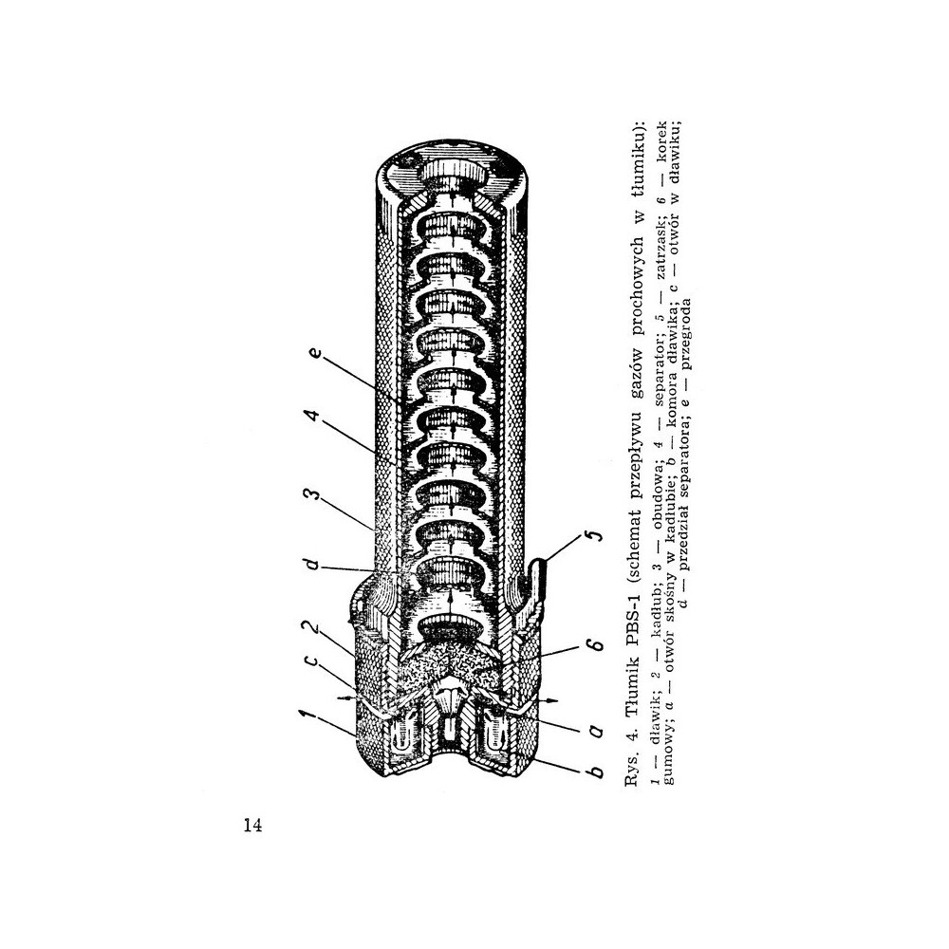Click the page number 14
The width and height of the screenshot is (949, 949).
coord(253,826)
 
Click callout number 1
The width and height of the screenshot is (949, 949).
coord(308,716)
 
